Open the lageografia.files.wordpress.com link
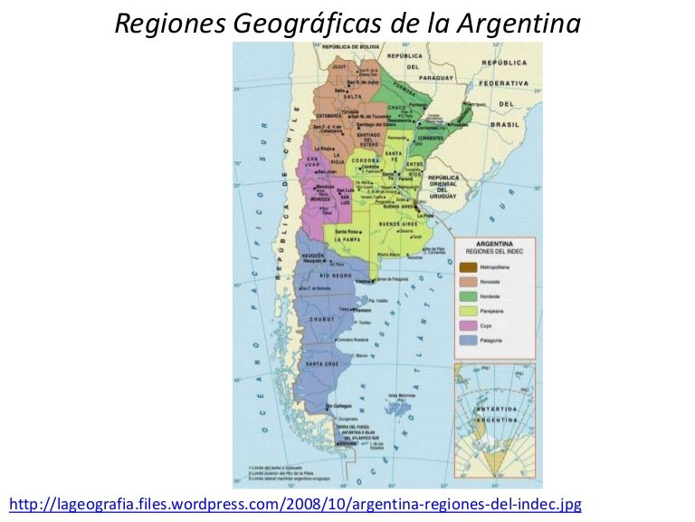point(295,503)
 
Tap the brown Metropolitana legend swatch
point(467,266)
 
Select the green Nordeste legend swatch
point(467,295)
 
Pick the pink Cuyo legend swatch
point(467,324)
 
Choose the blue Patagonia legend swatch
point(467,339)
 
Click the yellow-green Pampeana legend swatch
point(467,310)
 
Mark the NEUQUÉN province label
point(312,256)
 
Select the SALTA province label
point(341,96)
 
